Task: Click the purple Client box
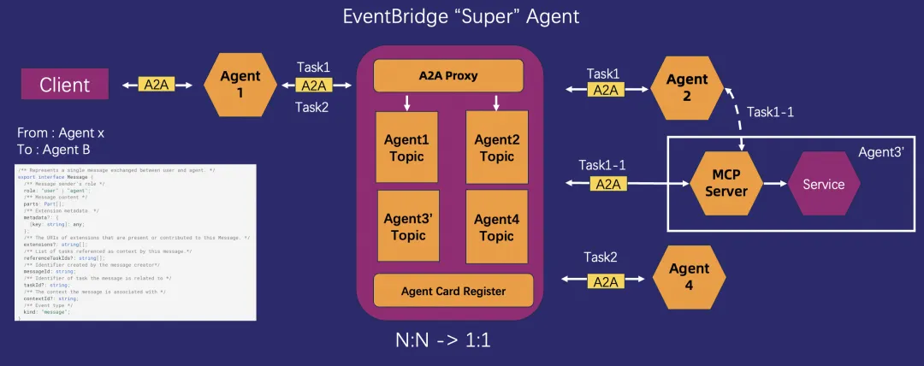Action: [65, 85]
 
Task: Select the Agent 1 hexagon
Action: [240, 85]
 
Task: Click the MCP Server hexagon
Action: [720, 184]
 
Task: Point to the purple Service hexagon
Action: [823, 184]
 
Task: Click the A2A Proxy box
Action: [448, 76]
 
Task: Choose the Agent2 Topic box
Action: [496, 148]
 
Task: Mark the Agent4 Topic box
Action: [496, 227]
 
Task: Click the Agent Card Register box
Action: [453, 291]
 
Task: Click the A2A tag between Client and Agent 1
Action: [156, 85]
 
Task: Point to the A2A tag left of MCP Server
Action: [608, 183]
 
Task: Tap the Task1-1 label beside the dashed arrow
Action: [771, 112]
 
